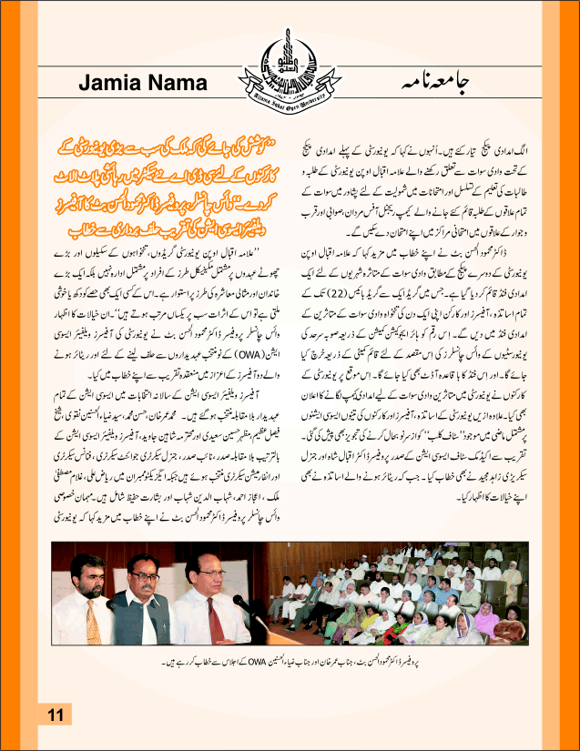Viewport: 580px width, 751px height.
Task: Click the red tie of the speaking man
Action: [x=213, y=618]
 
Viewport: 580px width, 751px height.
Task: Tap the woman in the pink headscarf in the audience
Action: [x=483, y=620]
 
